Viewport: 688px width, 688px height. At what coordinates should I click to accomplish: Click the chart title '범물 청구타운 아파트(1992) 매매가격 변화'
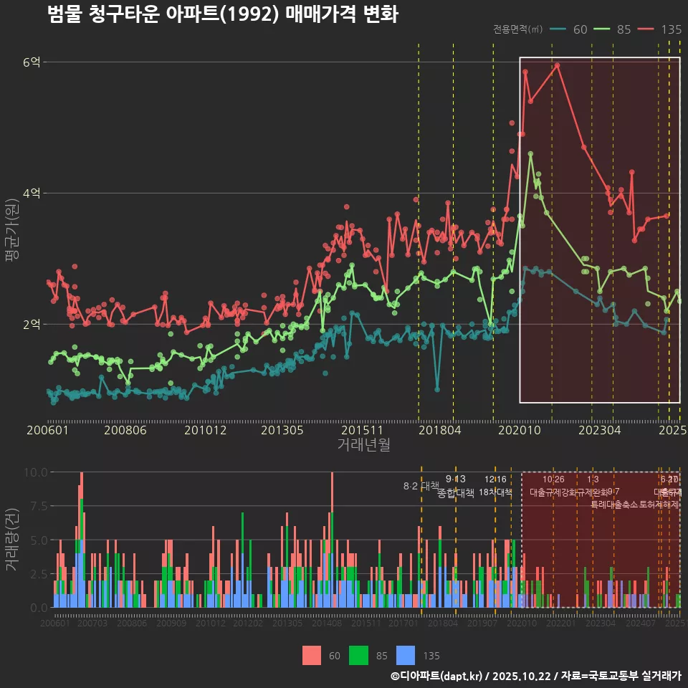(222, 14)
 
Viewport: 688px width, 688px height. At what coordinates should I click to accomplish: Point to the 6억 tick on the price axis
(32, 62)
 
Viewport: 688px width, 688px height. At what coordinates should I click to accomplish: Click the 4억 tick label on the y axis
(32, 193)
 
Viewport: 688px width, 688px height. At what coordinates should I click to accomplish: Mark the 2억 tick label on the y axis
(32, 324)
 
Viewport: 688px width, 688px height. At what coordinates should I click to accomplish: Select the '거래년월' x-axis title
(364, 445)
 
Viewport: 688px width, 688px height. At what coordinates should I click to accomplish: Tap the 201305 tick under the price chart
(282, 431)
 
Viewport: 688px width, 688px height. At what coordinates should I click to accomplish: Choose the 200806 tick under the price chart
(126, 431)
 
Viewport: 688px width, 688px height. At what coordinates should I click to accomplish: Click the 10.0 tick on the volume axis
(36, 472)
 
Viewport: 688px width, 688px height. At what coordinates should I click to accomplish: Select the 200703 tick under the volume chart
(92, 624)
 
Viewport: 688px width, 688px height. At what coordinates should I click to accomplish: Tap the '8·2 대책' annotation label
(421, 486)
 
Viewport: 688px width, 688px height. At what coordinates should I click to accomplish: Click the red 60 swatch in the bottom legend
(312, 655)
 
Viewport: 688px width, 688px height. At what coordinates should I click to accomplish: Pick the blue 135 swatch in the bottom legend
(406, 655)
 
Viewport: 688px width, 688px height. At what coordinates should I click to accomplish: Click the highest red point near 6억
(557, 65)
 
